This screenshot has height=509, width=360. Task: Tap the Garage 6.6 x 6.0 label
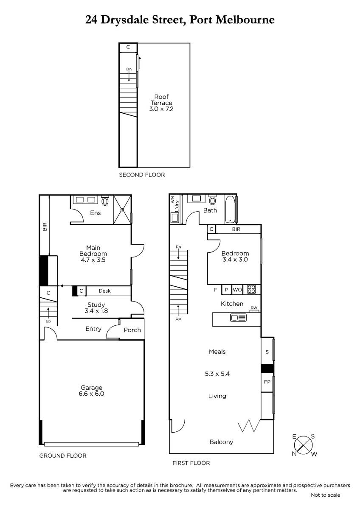point(91,391)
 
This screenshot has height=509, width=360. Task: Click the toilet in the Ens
point(105,200)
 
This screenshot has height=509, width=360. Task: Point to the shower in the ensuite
point(122,210)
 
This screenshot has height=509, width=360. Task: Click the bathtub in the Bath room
point(230,209)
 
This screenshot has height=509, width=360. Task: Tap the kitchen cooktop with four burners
point(251,289)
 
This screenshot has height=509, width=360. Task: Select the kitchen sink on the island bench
point(238,317)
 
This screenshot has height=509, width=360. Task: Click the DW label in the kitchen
point(254,308)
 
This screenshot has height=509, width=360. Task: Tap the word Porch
point(132,330)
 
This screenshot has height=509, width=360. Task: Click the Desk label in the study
point(104,291)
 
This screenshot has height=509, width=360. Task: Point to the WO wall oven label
point(237,290)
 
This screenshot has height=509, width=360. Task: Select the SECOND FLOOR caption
point(142,175)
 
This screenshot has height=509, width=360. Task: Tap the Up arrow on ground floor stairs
point(48,313)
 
